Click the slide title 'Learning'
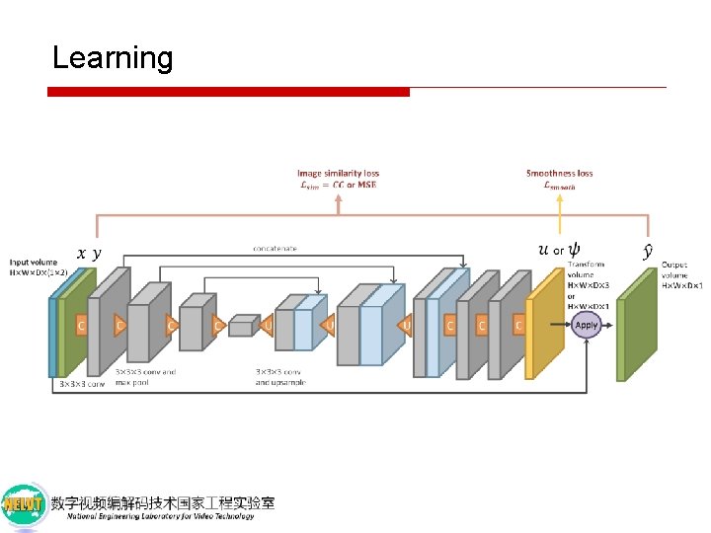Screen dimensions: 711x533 [112, 57]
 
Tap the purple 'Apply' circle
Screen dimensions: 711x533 [587, 325]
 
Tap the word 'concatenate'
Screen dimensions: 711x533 [276, 248]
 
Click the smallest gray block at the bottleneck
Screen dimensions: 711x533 [242, 326]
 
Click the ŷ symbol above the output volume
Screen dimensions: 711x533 [647, 252]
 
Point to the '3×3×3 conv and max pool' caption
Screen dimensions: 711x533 [146, 377]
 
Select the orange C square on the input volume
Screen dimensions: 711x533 [82, 325]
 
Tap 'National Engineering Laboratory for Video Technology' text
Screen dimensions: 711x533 [161, 515]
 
